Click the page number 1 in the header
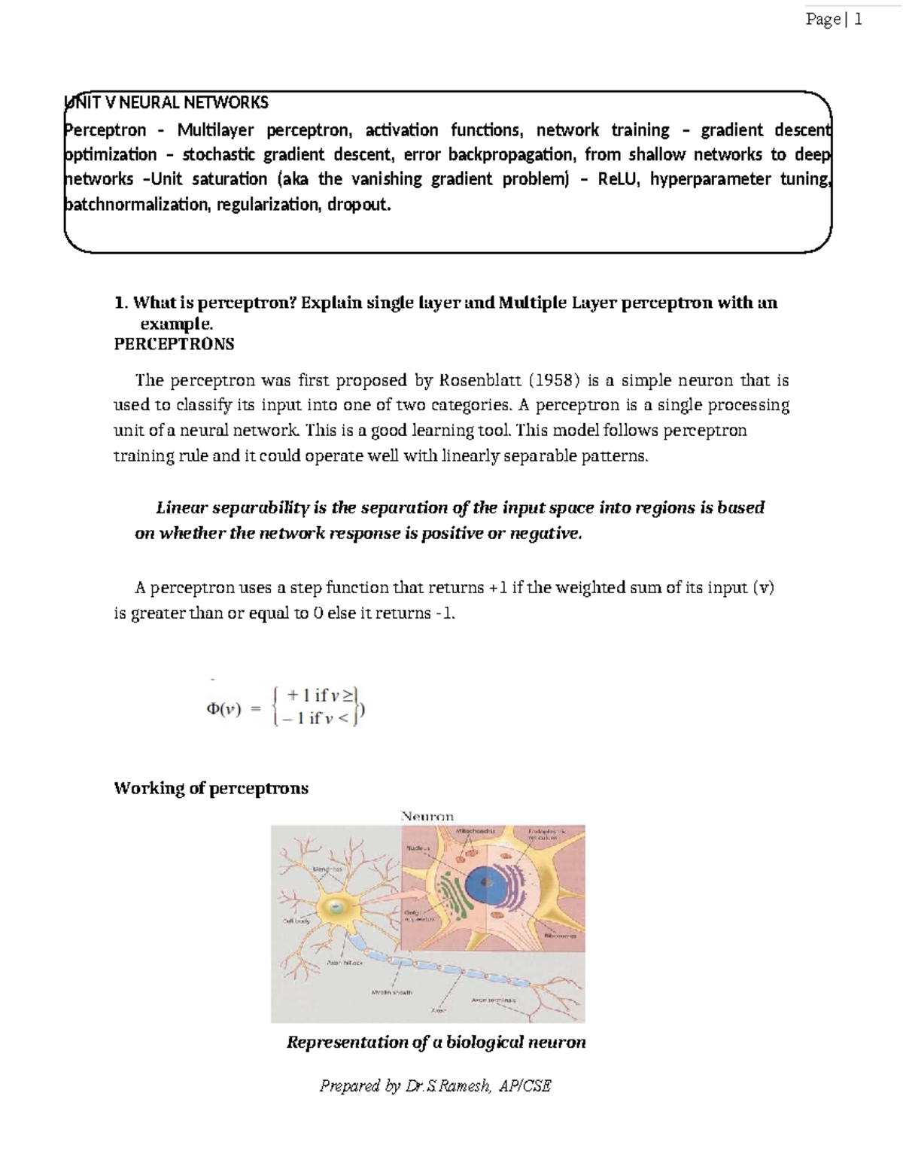click(x=857, y=20)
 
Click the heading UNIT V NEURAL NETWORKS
click(x=166, y=102)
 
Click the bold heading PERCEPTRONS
click(x=174, y=344)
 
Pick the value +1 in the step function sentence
click(x=497, y=588)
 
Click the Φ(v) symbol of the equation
click(x=223, y=709)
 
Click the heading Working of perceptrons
click(x=211, y=788)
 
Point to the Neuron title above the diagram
click(x=427, y=816)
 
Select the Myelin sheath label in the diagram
click(x=391, y=992)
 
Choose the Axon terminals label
click(x=494, y=1000)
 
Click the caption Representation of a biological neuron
click(x=436, y=1043)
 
